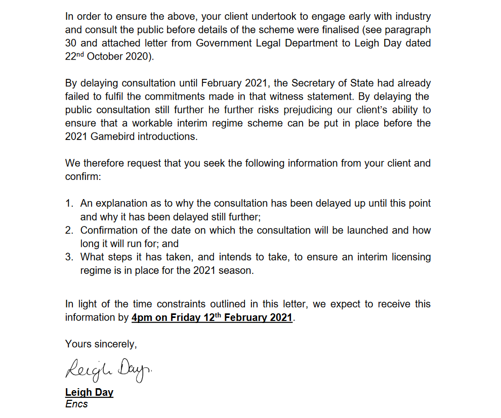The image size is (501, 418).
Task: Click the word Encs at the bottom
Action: coord(76,404)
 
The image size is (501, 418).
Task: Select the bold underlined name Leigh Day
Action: coord(89,393)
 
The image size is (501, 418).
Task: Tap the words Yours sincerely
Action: coord(101,344)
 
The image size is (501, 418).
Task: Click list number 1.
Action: coord(69,204)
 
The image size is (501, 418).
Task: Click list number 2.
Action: coord(69,230)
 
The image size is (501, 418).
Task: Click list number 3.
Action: coord(69,257)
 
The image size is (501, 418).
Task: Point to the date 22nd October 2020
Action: coord(108,57)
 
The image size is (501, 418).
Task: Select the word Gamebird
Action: coord(111,137)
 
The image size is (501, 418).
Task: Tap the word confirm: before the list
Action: coord(83,177)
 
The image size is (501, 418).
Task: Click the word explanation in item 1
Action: coord(120,204)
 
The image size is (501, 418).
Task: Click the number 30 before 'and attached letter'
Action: coord(71,43)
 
